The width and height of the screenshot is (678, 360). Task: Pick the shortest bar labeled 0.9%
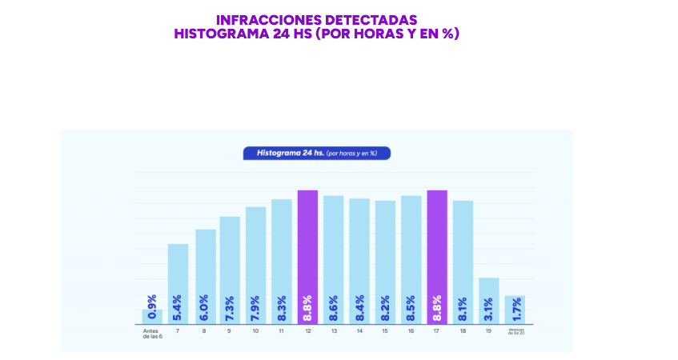tap(152, 316)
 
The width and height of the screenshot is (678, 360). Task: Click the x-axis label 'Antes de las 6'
tap(152, 333)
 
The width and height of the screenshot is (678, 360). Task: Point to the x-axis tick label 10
tap(255, 330)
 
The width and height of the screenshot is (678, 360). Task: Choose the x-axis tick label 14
tap(359, 330)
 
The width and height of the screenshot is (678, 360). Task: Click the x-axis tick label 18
tap(463, 330)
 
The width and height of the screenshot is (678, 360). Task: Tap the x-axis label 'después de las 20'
tap(515, 332)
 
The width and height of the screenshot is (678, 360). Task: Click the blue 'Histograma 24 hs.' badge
tap(316, 152)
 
